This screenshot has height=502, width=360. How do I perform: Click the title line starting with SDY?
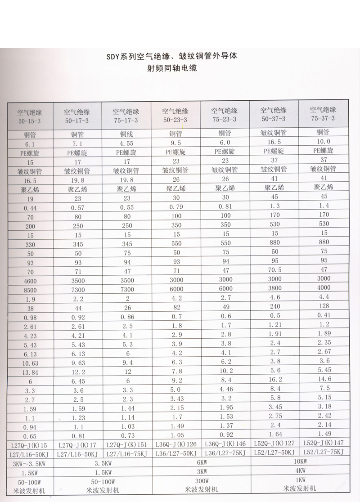click(x=171, y=57)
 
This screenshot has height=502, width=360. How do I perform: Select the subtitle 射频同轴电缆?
click(x=173, y=69)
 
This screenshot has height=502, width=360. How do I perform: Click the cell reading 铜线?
click(x=125, y=134)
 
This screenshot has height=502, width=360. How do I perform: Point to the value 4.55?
click(x=125, y=143)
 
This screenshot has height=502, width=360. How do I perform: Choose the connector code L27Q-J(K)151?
click(x=125, y=445)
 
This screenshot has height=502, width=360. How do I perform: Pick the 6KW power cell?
click(x=200, y=462)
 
